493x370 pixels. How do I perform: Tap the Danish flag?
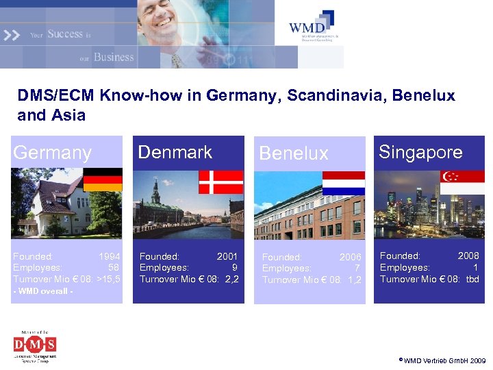[220, 182]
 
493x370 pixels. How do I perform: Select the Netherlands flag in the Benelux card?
[343, 183]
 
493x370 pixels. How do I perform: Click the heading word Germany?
[52, 153]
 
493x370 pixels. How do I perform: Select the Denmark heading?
[175, 152]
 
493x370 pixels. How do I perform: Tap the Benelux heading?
[294, 153]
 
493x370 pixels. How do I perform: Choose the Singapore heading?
[420, 152]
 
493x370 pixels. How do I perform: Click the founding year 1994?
[110, 257]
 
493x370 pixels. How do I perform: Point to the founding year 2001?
[227, 257]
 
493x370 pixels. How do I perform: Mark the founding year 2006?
[350, 258]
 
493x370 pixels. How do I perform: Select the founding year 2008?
[468, 256]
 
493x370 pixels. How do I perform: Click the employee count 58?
[114, 268]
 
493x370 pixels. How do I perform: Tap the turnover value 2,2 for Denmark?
[231, 279]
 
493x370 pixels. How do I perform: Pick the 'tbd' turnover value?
[472, 279]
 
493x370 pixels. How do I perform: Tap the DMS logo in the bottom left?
[35, 345]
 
